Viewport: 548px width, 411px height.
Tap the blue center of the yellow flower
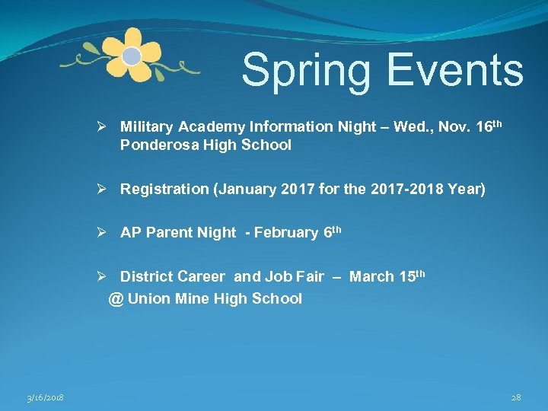(x=132, y=56)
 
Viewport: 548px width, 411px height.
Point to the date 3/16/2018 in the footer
(x=45, y=397)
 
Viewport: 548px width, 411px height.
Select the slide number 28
(x=515, y=397)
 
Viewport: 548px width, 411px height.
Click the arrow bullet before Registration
(x=110, y=189)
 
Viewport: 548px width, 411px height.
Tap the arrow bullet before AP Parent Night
(x=110, y=233)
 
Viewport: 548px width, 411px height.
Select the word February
(x=285, y=233)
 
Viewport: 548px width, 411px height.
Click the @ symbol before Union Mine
(x=116, y=298)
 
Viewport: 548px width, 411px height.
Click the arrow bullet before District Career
(x=110, y=276)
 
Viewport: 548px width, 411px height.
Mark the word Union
(x=148, y=298)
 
